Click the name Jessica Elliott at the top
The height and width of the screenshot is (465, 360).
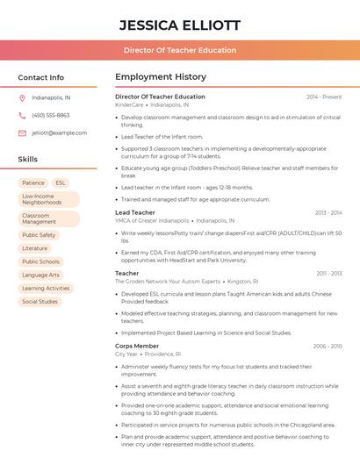(179, 25)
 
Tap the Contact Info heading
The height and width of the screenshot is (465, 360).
(40, 77)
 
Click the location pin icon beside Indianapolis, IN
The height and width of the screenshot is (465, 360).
(22, 97)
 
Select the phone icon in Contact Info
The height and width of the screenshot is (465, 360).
(22, 115)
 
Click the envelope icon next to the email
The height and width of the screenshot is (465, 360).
(22, 132)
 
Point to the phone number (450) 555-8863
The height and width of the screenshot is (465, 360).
(50, 115)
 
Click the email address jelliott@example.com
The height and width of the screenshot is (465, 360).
(59, 132)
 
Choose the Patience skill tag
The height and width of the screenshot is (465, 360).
(33, 182)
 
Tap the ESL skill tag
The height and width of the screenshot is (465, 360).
(61, 182)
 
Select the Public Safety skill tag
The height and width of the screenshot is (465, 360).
(39, 235)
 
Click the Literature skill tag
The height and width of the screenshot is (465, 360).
(35, 248)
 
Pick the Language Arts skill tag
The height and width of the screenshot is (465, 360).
(41, 275)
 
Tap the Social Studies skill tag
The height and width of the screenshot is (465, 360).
(40, 301)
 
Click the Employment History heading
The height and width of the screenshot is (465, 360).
(160, 77)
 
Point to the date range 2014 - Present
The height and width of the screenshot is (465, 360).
(324, 97)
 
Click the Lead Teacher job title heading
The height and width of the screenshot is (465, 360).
(134, 212)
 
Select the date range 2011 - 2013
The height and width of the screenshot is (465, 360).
(329, 273)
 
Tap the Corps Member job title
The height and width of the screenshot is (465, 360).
(137, 346)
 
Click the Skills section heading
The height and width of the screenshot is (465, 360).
(27, 159)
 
